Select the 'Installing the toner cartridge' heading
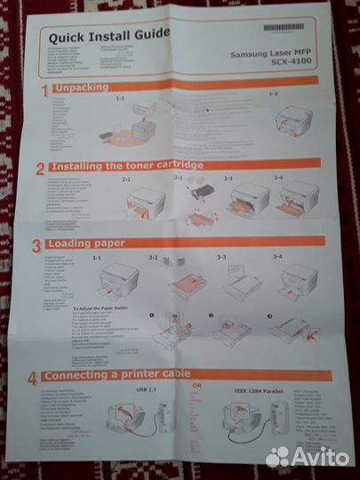point(124,166)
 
